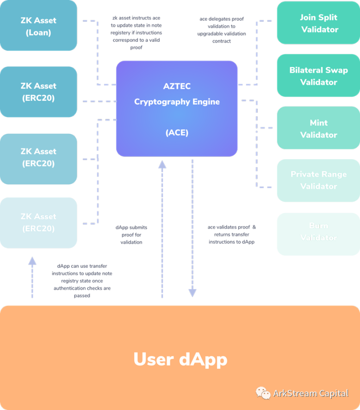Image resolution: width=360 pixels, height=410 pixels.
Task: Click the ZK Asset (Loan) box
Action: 38,26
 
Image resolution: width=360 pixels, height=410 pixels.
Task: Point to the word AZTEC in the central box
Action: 177,87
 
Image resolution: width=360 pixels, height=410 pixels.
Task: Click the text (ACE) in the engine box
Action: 177,132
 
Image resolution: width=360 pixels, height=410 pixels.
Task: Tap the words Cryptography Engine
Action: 177,102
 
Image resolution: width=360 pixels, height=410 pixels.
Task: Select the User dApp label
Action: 180,359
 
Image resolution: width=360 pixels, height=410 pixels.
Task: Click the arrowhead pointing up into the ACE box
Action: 162,164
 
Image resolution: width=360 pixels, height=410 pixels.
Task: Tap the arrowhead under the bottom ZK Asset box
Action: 32,261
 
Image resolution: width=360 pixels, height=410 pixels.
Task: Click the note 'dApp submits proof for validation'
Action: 131,235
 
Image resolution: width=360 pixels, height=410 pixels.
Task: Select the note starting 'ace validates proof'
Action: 231,235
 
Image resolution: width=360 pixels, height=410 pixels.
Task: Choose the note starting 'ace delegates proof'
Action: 222,30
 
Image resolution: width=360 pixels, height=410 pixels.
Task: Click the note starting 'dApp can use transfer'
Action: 81,280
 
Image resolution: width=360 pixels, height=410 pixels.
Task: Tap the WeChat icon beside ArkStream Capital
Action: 263,393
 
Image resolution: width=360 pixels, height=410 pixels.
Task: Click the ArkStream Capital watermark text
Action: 310,393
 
